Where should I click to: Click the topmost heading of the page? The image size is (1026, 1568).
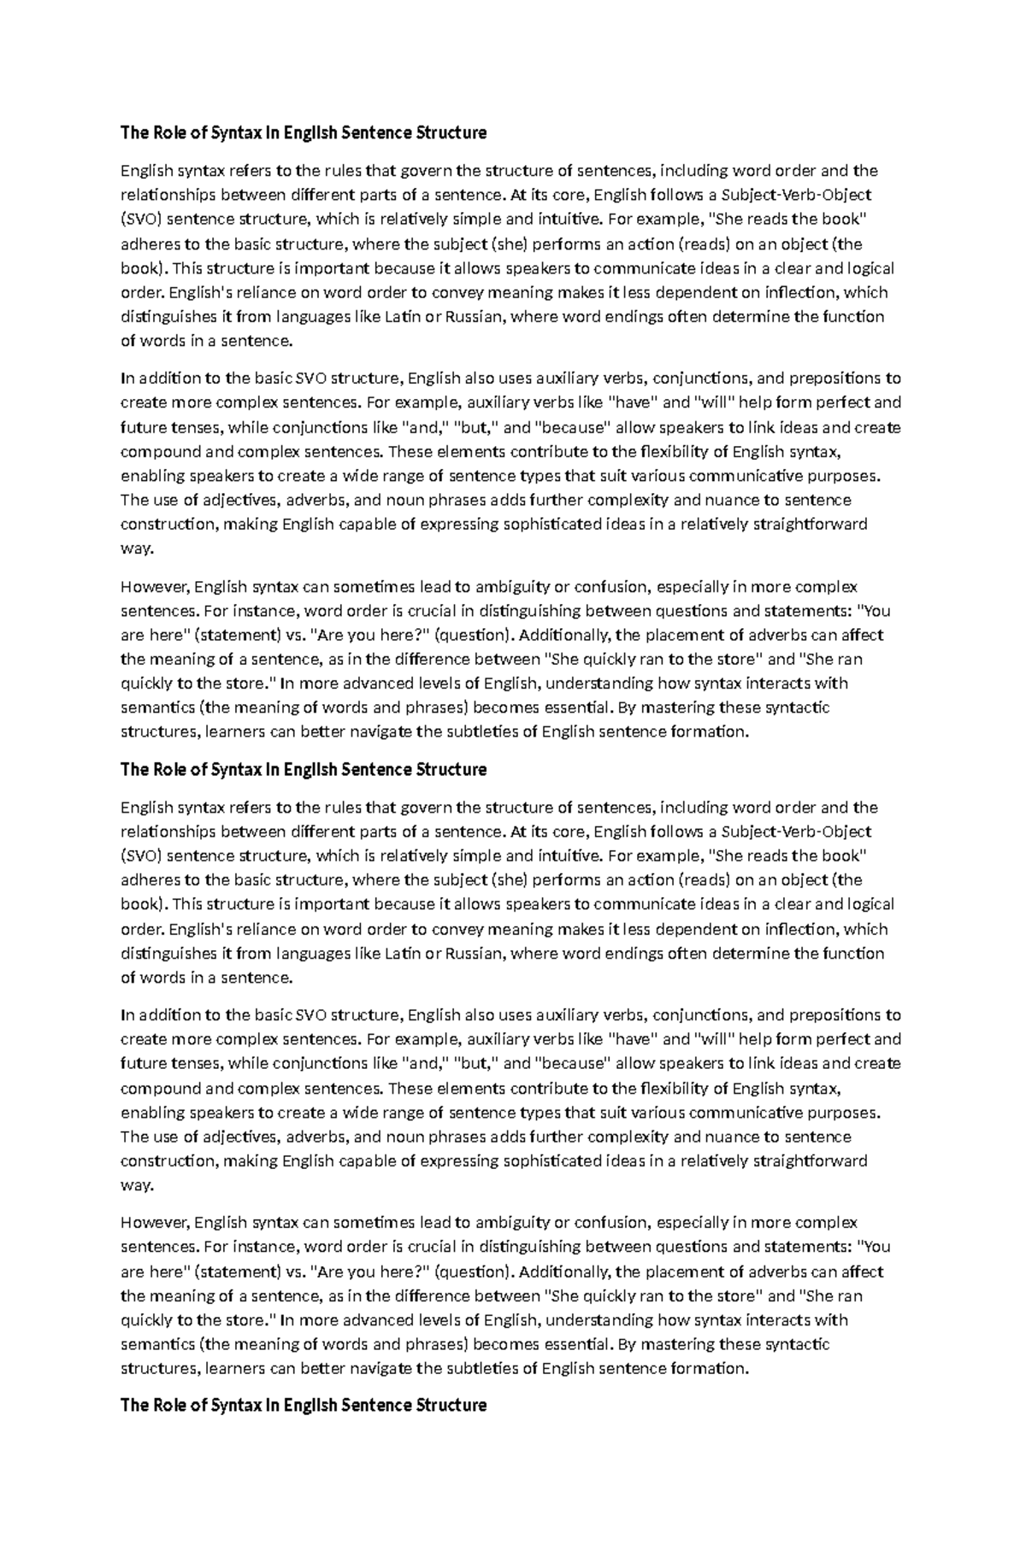click(x=304, y=132)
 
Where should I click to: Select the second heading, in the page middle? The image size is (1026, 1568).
click(x=304, y=769)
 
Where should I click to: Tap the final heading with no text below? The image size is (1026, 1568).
click(x=304, y=1406)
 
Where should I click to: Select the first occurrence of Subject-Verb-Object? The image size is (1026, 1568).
click(x=796, y=195)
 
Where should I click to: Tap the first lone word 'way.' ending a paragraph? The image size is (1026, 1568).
click(x=137, y=549)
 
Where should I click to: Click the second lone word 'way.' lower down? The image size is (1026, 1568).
click(x=137, y=1185)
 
